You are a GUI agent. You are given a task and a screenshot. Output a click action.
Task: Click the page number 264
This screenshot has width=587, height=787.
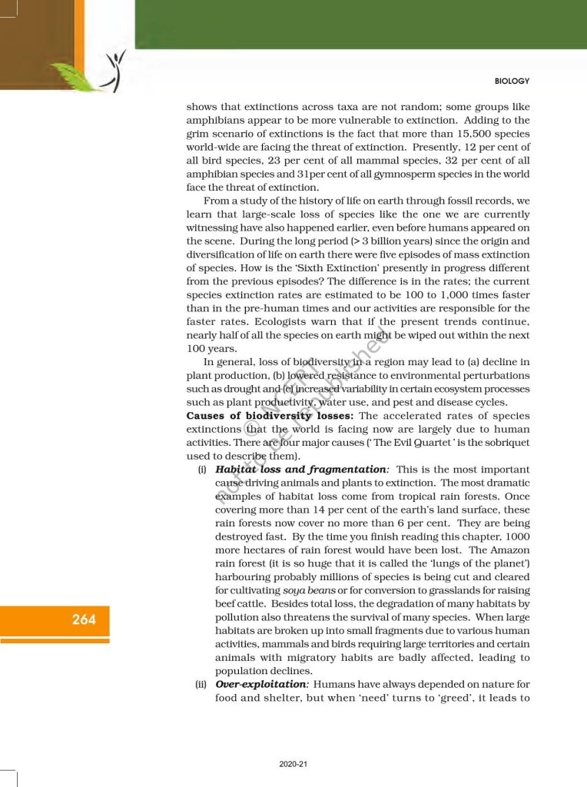coord(85,619)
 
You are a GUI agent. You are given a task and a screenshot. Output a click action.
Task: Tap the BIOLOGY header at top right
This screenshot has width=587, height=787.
coord(512,81)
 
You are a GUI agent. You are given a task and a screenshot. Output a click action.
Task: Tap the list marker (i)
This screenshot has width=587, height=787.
coord(203,469)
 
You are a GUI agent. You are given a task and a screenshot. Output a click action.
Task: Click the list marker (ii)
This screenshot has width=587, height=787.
coord(201,683)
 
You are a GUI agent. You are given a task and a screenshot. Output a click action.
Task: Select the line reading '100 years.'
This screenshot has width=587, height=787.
coord(208,348)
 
